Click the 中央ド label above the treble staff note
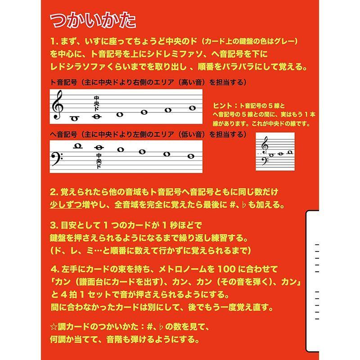point(96,103)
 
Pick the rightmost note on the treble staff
point(192,108)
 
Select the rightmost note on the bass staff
point(191,156)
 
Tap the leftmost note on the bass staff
point(77,145)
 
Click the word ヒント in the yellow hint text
point(223,105)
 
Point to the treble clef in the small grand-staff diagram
point(265,145)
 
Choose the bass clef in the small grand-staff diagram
point(265,158)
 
